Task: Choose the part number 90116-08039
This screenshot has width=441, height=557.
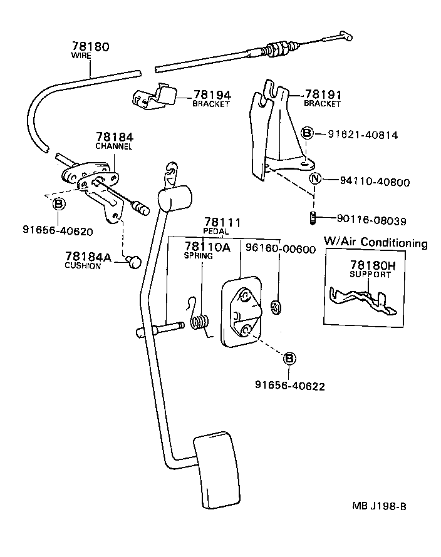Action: (x=370, y=220)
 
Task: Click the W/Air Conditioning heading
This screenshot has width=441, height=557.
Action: (x=375, y=243)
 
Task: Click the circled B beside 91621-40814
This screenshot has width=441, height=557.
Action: (x=307, y=133)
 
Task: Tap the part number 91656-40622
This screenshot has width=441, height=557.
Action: (x=289, y=386)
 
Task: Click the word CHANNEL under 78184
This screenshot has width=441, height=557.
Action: (x=113, y=146)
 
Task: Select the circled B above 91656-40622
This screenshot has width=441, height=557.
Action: (x=289, y=359)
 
